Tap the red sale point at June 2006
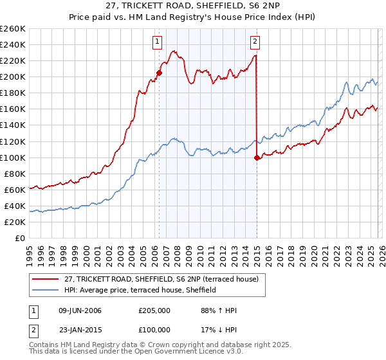pyautogui.click(x=159, y=73)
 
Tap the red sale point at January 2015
pyautogui.click(x=257, y=157)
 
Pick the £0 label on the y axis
pyautogui.click(x=20, y=238)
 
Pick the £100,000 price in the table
pyautogui.click(x=154, y=329)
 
